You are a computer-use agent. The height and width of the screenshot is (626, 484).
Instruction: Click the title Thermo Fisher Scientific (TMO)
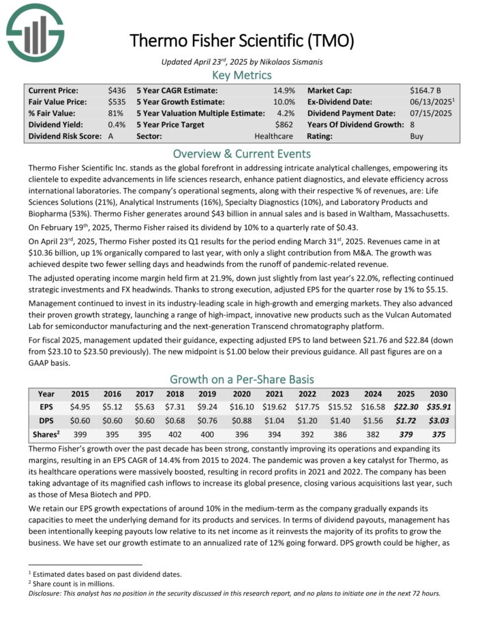click(242, 41)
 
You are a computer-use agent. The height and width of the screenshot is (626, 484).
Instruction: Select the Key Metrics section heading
click(242, 75)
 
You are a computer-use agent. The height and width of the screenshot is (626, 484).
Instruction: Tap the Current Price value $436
click(116, 90)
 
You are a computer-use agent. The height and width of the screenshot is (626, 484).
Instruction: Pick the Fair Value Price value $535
click(116, 101)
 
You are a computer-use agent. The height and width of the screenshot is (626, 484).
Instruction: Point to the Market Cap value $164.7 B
click(427, 90)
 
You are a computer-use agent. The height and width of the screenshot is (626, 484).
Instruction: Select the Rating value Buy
click(417, 136)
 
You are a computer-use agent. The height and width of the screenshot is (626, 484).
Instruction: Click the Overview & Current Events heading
click(242, 153)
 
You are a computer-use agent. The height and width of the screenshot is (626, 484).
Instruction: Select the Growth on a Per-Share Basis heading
click(242, 379)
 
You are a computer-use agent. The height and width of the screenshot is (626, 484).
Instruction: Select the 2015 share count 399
click(80, 433)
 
